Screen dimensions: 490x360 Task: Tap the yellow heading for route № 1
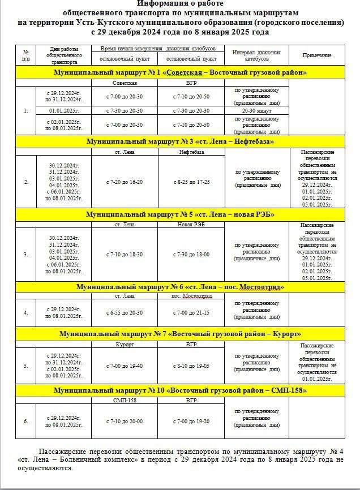tap(180, 72)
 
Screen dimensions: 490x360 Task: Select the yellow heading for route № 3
tap(180, 141)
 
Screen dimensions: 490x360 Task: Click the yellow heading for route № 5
tap(180, 214)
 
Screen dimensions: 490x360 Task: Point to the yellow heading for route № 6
tap(180, 287)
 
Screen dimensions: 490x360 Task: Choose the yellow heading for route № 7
tap(180, 334)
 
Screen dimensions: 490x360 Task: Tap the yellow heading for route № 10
tap(180, 390)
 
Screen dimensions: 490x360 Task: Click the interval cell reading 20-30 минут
tap(256, 111)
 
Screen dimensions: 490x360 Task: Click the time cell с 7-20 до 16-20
tap(125, 182)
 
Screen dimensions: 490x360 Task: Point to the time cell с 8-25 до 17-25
tap(191, 182)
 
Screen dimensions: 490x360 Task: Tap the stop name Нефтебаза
tap(191, 151)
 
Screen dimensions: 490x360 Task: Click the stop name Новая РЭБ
tap(191, 224)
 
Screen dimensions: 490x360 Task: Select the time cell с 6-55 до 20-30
tap(125, 312)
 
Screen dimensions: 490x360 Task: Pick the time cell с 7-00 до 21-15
tap(191, 312)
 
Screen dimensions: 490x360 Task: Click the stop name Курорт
tap(125, 344)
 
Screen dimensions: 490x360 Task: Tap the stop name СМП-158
tap(125, 400)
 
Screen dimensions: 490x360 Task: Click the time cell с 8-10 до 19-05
tap(191, 366)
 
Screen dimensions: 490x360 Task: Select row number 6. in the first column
tap(25, 422)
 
